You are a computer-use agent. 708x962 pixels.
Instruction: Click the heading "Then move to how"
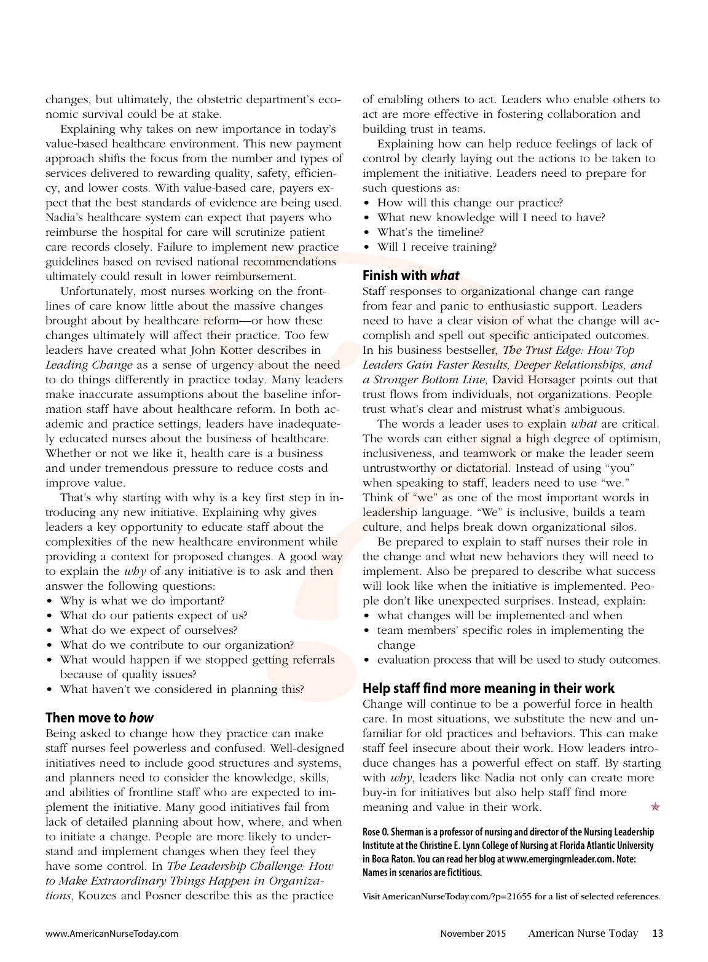(x=100, y=718)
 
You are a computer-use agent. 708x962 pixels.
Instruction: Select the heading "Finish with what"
(x=411, y=275)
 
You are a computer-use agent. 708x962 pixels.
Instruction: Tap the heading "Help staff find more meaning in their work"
(x=488, y=688)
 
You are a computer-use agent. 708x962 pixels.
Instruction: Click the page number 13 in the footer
(x=657, y=933)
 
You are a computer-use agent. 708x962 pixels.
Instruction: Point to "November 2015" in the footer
(x=473, y=934)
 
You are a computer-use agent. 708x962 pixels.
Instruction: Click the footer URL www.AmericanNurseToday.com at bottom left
(x=112, y=934)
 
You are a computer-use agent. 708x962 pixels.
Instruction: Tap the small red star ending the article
(x=655, y=807)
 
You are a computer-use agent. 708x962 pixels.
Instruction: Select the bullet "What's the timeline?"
(x=430, y=232)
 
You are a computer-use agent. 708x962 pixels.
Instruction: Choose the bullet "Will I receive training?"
(x=436, y=247)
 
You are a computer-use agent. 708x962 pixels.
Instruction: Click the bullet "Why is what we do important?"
(x=142, y=601)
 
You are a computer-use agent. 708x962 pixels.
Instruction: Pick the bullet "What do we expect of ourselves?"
(x=148, y=630)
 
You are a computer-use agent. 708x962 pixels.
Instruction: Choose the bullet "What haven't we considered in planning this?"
(x=181, y=689)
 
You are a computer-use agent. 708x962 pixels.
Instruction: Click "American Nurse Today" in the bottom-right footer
(x=583, y=933)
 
